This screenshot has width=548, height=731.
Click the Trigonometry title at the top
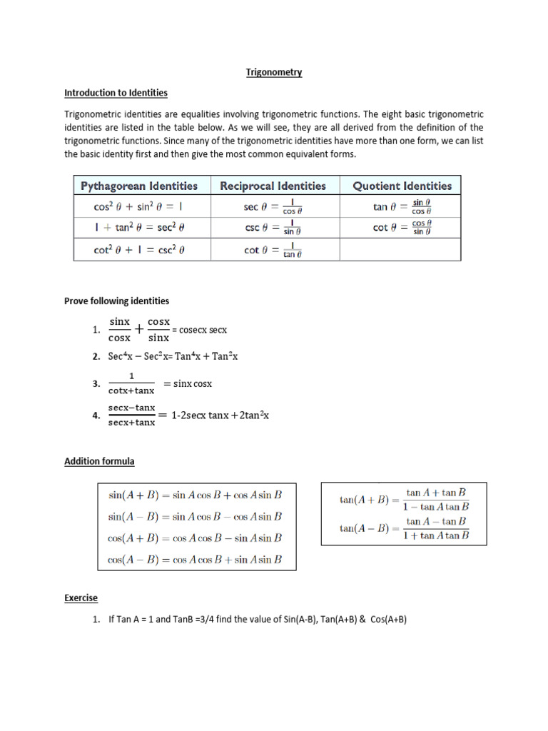[x=274, y=72]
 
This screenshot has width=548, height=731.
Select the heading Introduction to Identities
[x=116, y=93]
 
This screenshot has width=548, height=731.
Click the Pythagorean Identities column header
[x=139, y=186]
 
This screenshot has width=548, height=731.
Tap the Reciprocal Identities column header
[x=273, y=186]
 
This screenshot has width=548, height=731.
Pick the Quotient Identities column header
[x=402, y=186]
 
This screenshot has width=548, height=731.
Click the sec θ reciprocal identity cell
[x=273, y=207]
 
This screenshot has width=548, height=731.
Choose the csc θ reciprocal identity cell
[x=273, y=228]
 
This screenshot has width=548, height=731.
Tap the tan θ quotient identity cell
[x=402, y=207]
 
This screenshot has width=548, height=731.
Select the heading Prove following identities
[x=117, y=301]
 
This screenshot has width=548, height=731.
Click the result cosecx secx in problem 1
[x=203, y=330]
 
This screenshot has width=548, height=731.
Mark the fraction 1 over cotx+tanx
[x=131, y=384]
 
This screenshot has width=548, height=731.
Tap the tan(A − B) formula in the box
[x=404, y=529]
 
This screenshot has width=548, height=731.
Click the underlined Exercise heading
[x=81, y=598]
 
